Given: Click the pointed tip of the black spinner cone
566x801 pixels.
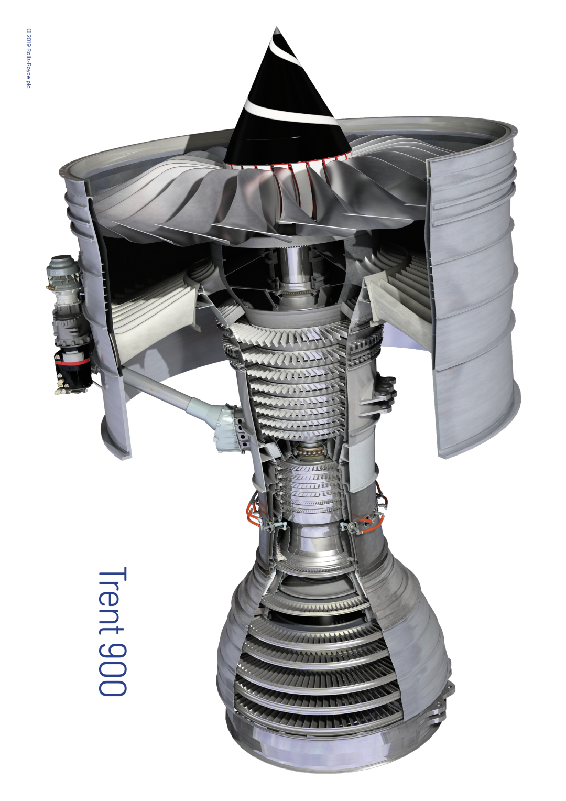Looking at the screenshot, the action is (276, 28).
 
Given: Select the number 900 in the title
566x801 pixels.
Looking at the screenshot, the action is (113, 665).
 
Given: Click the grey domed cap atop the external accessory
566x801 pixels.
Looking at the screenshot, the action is (63, 263).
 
